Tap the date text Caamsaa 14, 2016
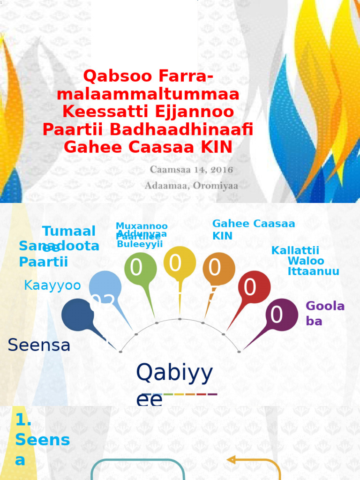click(x=191, y=169)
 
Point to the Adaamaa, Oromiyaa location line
click(x=191, y=186)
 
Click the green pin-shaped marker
click(x=140, y=269)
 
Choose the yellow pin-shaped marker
click(x=180, y=263)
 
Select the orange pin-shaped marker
click(x=218, y=269)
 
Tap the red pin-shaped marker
click(x=254, y=287)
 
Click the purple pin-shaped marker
click(x=281, y=315)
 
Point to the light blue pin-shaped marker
click(x=105, y=287)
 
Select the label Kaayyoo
click(x=52, y=285)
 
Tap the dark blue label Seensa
click(x=39, y=345)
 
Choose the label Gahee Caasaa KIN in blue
click(x=254, y=229)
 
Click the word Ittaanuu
click(x=313, y=271)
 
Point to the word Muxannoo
click(x=142, y=226)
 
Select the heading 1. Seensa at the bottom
click(x=42, y=440)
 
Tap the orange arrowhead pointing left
click(x=231, y=460)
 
